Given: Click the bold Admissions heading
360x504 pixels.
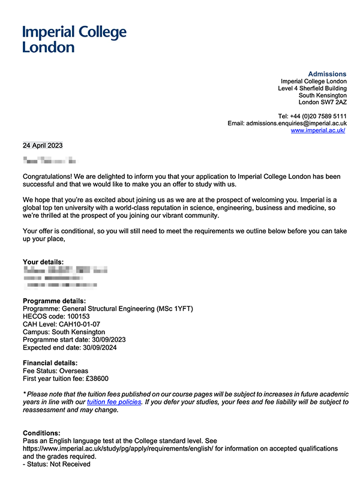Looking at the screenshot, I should [327, 74].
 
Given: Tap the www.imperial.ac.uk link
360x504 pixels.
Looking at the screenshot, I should [318, 130].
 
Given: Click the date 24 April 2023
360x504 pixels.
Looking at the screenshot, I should [43, 145].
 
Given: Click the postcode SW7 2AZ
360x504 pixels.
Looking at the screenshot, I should [334, 103].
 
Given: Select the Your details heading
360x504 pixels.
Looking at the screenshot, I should [43, 262].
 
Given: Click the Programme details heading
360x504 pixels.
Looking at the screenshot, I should [54, 301].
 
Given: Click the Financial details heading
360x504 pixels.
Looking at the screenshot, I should [50, 363].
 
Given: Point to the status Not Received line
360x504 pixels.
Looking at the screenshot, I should [56, 464].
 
